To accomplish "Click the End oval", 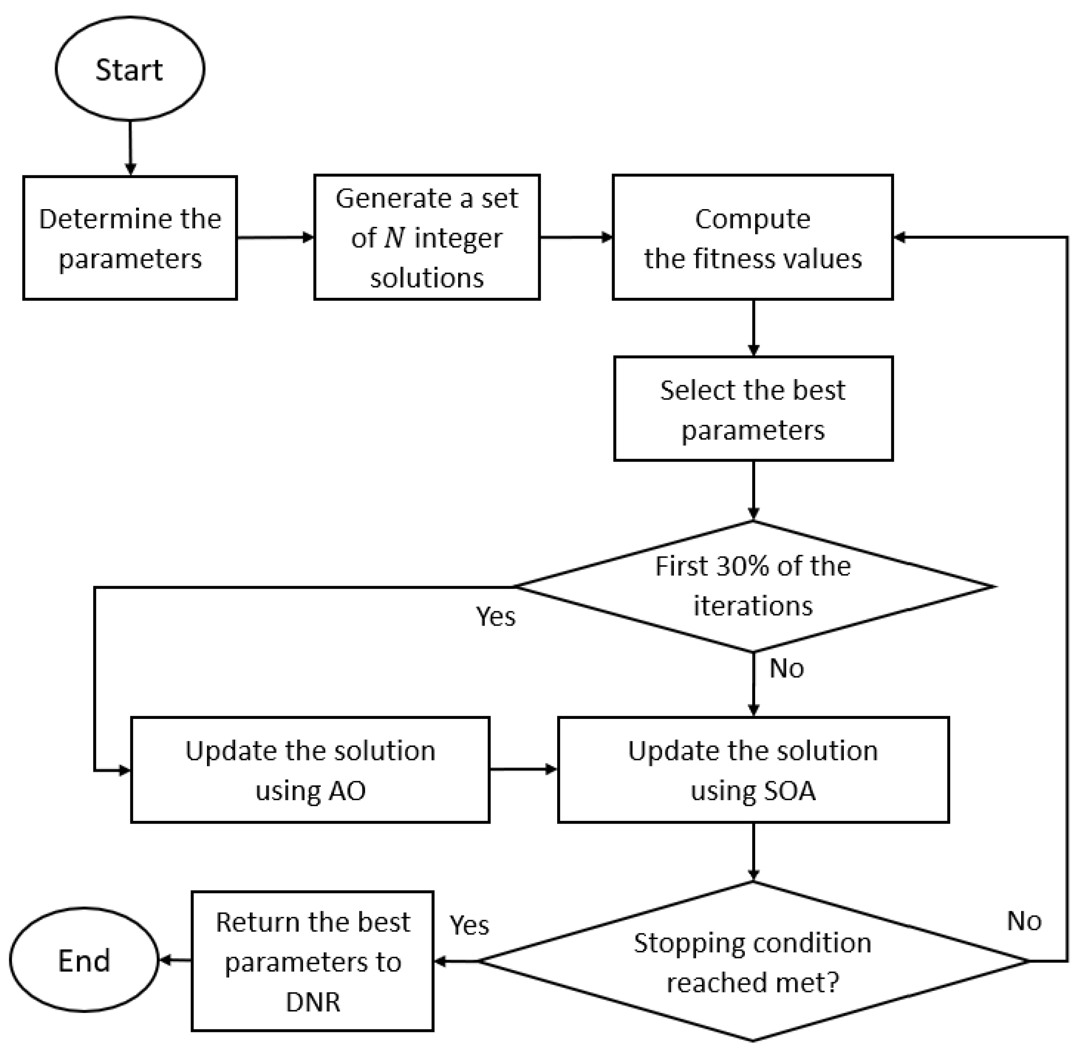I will tap(84, 961).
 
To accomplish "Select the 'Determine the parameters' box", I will tap(130, 238).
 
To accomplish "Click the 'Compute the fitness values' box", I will tap(752, 238).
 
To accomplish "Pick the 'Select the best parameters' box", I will tap(753, 409).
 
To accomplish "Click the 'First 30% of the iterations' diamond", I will tap(753, 586).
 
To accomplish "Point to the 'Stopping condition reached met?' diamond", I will tap(753, 962).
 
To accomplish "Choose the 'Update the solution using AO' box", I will tap(310, 770).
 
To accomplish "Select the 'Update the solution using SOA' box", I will tap(753, 770).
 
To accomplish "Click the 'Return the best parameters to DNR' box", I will tap(313, 962).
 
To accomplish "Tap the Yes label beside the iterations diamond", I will tap(495, 616).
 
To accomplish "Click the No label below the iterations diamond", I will tap(786, 669).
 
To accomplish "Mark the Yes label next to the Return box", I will tap(469, 925).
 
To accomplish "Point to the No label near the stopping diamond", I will tap(1024, 921).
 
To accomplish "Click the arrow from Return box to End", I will tap(175, 961).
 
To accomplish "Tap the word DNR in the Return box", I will tap(313, 1002).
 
